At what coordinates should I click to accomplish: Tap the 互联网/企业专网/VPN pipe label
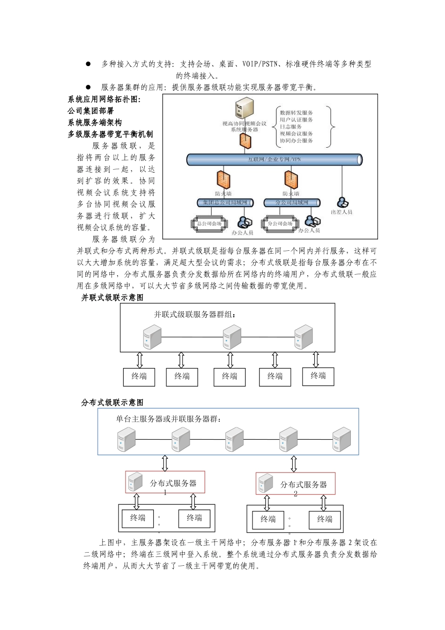coord(274,159)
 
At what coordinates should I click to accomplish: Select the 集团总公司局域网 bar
coord(225,202)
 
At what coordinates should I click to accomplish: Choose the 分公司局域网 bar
coord(292,202)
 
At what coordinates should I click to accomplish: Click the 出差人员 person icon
coord(343,202)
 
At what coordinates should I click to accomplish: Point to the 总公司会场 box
coord(209,224)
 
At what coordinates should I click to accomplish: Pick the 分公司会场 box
coord(280,224)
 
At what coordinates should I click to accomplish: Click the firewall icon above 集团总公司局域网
coord(223,180)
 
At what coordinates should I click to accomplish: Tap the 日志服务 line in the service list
coord(291,127)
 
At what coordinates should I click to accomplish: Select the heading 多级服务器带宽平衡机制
coord(111,134)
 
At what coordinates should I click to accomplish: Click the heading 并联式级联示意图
coord(112,298)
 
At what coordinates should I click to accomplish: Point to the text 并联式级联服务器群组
coord(195,315)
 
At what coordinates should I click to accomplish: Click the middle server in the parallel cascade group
coord(232,337)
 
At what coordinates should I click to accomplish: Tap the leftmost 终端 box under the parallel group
coord(139,376)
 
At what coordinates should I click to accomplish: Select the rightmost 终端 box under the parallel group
coord(318,376)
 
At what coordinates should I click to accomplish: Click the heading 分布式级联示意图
coord(112,403)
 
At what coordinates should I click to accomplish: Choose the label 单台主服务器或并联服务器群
coord(169,419)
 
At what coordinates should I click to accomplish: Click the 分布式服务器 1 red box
coord(165,482)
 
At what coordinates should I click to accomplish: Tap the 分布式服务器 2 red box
coord(296,484)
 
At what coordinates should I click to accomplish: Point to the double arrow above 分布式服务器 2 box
coord(294,464)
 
